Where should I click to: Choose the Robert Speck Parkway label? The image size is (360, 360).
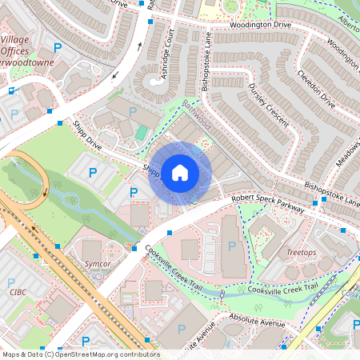pos(268,202)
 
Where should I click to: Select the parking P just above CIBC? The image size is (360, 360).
pos(12,282)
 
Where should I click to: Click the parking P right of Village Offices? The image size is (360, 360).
pos(56,48)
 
